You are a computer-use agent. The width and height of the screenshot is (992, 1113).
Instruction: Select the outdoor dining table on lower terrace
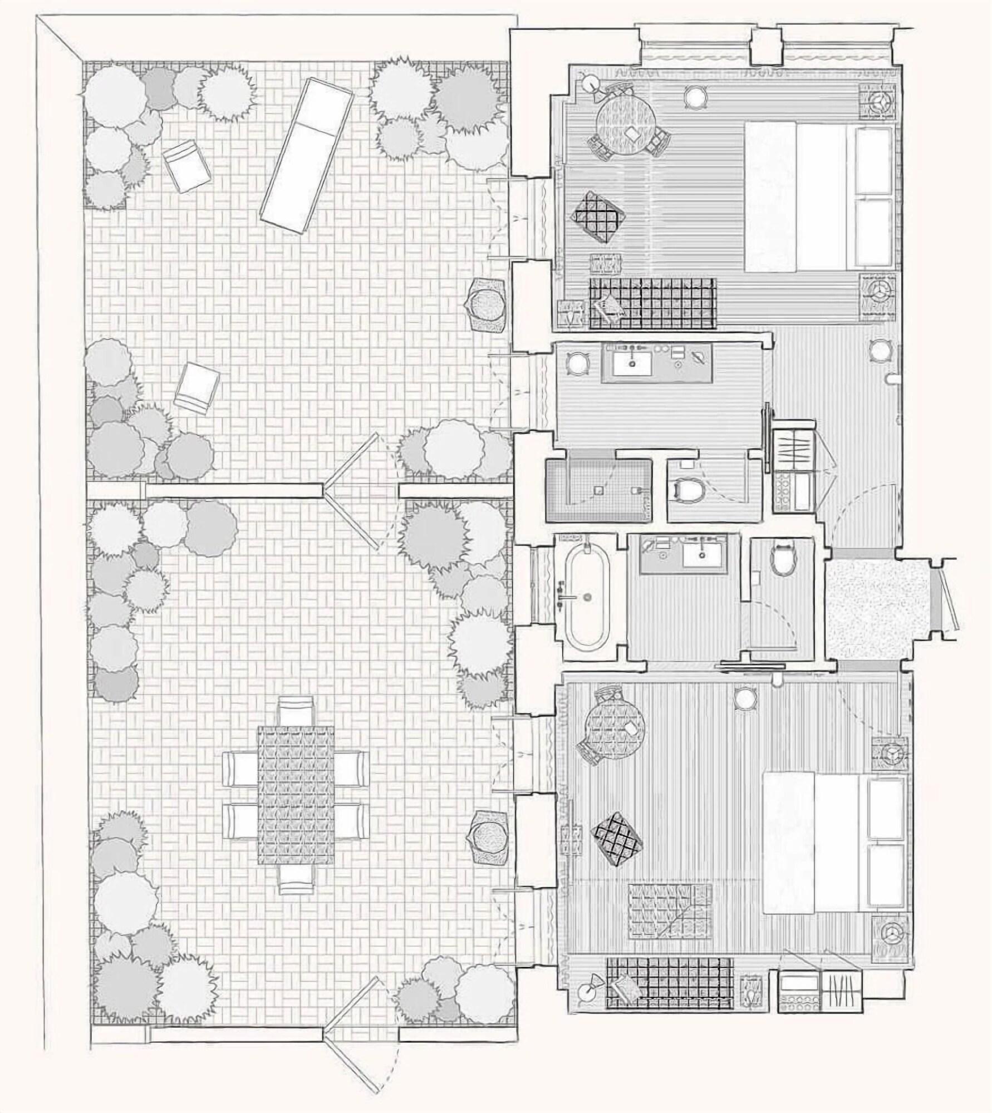point(296,795)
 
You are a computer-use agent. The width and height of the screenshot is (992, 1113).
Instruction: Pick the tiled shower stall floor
point(599,490)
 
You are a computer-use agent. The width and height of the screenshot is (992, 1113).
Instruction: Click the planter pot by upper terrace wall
point(488,304)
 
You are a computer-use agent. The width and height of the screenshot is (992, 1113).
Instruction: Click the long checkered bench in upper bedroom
point(652,303)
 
